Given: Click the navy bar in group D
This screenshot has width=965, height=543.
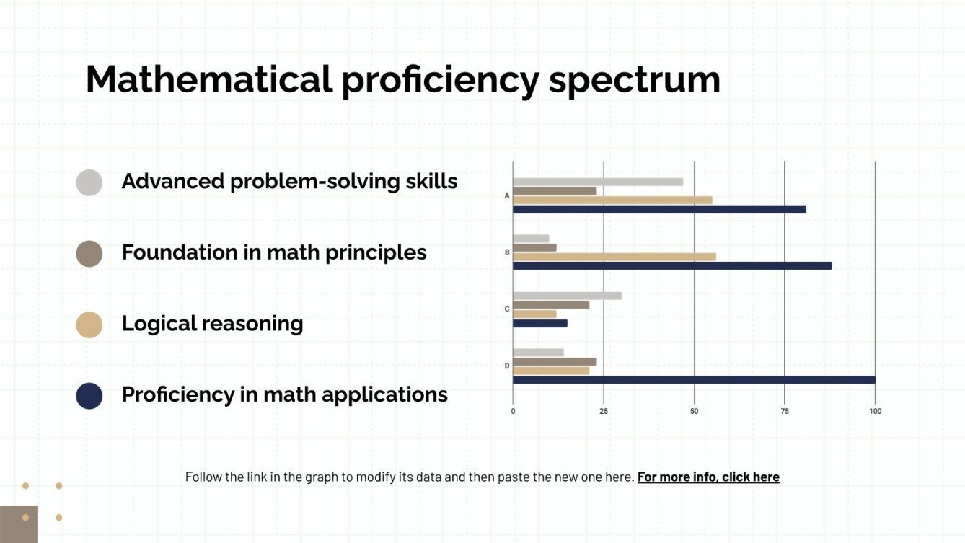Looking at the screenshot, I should pyautogui.click(x=693, y=380).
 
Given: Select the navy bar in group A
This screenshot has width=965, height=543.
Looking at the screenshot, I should pyautogui.click(x=658, y=209).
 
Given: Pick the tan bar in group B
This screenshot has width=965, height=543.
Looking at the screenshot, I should pyautogui.click(x=614, y=257).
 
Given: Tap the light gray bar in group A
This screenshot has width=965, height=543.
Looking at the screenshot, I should pyautogui.click(x=597, y=182).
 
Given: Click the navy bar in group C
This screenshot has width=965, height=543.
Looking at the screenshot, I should pyautogui.click(x=539, y=323).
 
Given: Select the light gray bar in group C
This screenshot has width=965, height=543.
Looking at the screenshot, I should pyautogui.click(x=567, y=296).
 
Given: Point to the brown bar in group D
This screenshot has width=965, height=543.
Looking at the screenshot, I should pyautogui.click(x=554, y=361).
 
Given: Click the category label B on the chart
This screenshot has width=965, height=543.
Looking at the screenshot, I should pyautogui.click(x=507, y=252).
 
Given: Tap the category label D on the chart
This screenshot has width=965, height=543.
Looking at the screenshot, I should pyautogui.click(x=507, y=366).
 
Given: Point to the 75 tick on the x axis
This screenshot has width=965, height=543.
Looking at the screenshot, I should pyautogui.click(x=785, y=411).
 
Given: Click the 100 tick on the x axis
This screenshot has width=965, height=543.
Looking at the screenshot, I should pyautogui.click(x=875, y=411).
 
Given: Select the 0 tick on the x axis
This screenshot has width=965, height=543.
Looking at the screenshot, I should pyautogui.click(x=513, y=411).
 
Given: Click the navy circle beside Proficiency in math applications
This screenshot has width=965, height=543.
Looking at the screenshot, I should pyautogui.click(x=89, y=396).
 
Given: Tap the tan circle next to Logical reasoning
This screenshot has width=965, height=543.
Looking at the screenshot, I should pyautogui.click(x=89, y=325).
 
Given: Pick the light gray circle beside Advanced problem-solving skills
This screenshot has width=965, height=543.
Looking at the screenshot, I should pyautogui.click(x=89, y=182).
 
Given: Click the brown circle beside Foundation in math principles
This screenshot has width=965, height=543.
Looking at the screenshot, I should pyautogui.click(x=89, y=254).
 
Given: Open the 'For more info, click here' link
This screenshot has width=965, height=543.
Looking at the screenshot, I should pyautogui.click(x=708, y=477).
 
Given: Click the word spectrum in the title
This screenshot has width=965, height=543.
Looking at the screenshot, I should pyautogui.click(x=634, y=80).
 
